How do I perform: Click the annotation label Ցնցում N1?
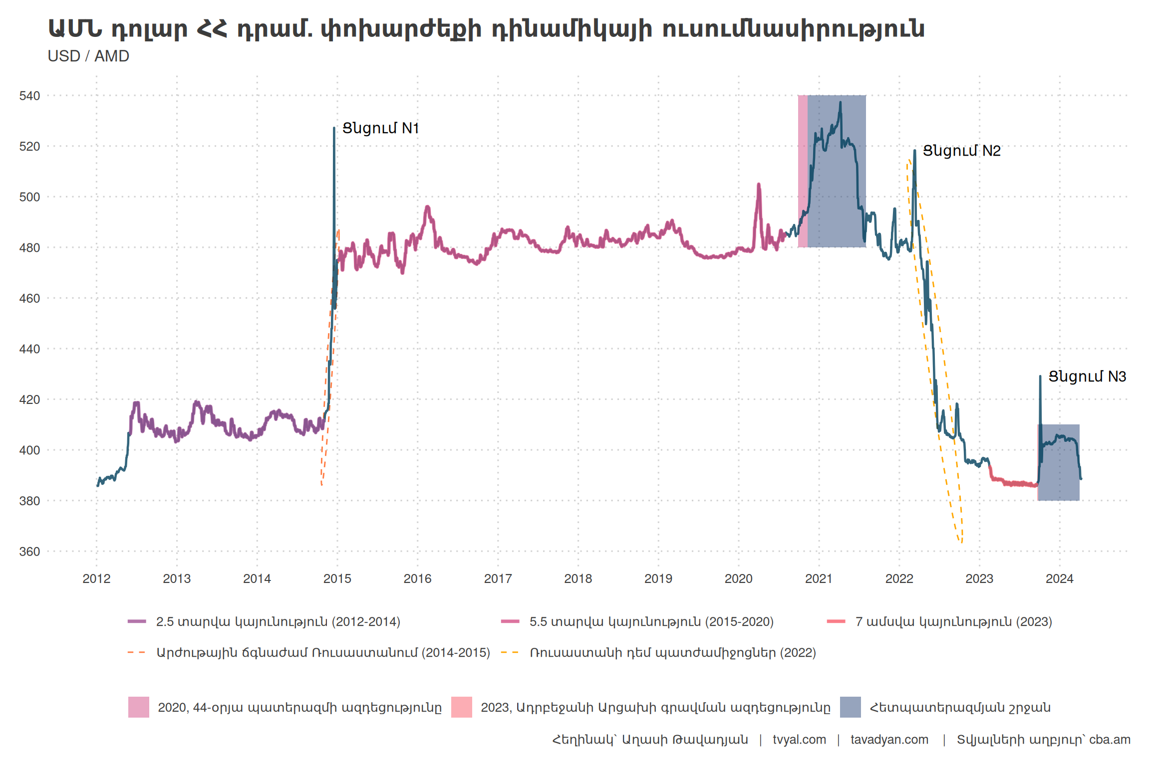click(380, 128)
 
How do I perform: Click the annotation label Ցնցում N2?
click(961, 151)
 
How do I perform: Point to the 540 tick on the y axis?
click(29, 96)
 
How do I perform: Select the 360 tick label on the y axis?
click(29, 552)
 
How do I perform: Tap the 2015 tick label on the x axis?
click(337, 578)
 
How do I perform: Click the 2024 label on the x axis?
click(1059, 578)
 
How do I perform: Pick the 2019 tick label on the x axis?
click(658, 578)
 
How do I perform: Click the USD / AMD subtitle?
click(88, 56)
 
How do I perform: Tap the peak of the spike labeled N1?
click(334, 129)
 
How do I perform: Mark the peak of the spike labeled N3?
click(1040, 377)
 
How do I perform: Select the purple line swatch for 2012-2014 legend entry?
click(137, 621)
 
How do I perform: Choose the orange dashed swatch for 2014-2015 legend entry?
click(137, 652)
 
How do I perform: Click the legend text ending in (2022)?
click(672, 652)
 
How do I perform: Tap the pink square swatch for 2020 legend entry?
click(139, 707)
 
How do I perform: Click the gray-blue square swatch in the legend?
click(850, 707)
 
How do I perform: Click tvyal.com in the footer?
click(799, 740)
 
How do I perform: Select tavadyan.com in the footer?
click(889, 740)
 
